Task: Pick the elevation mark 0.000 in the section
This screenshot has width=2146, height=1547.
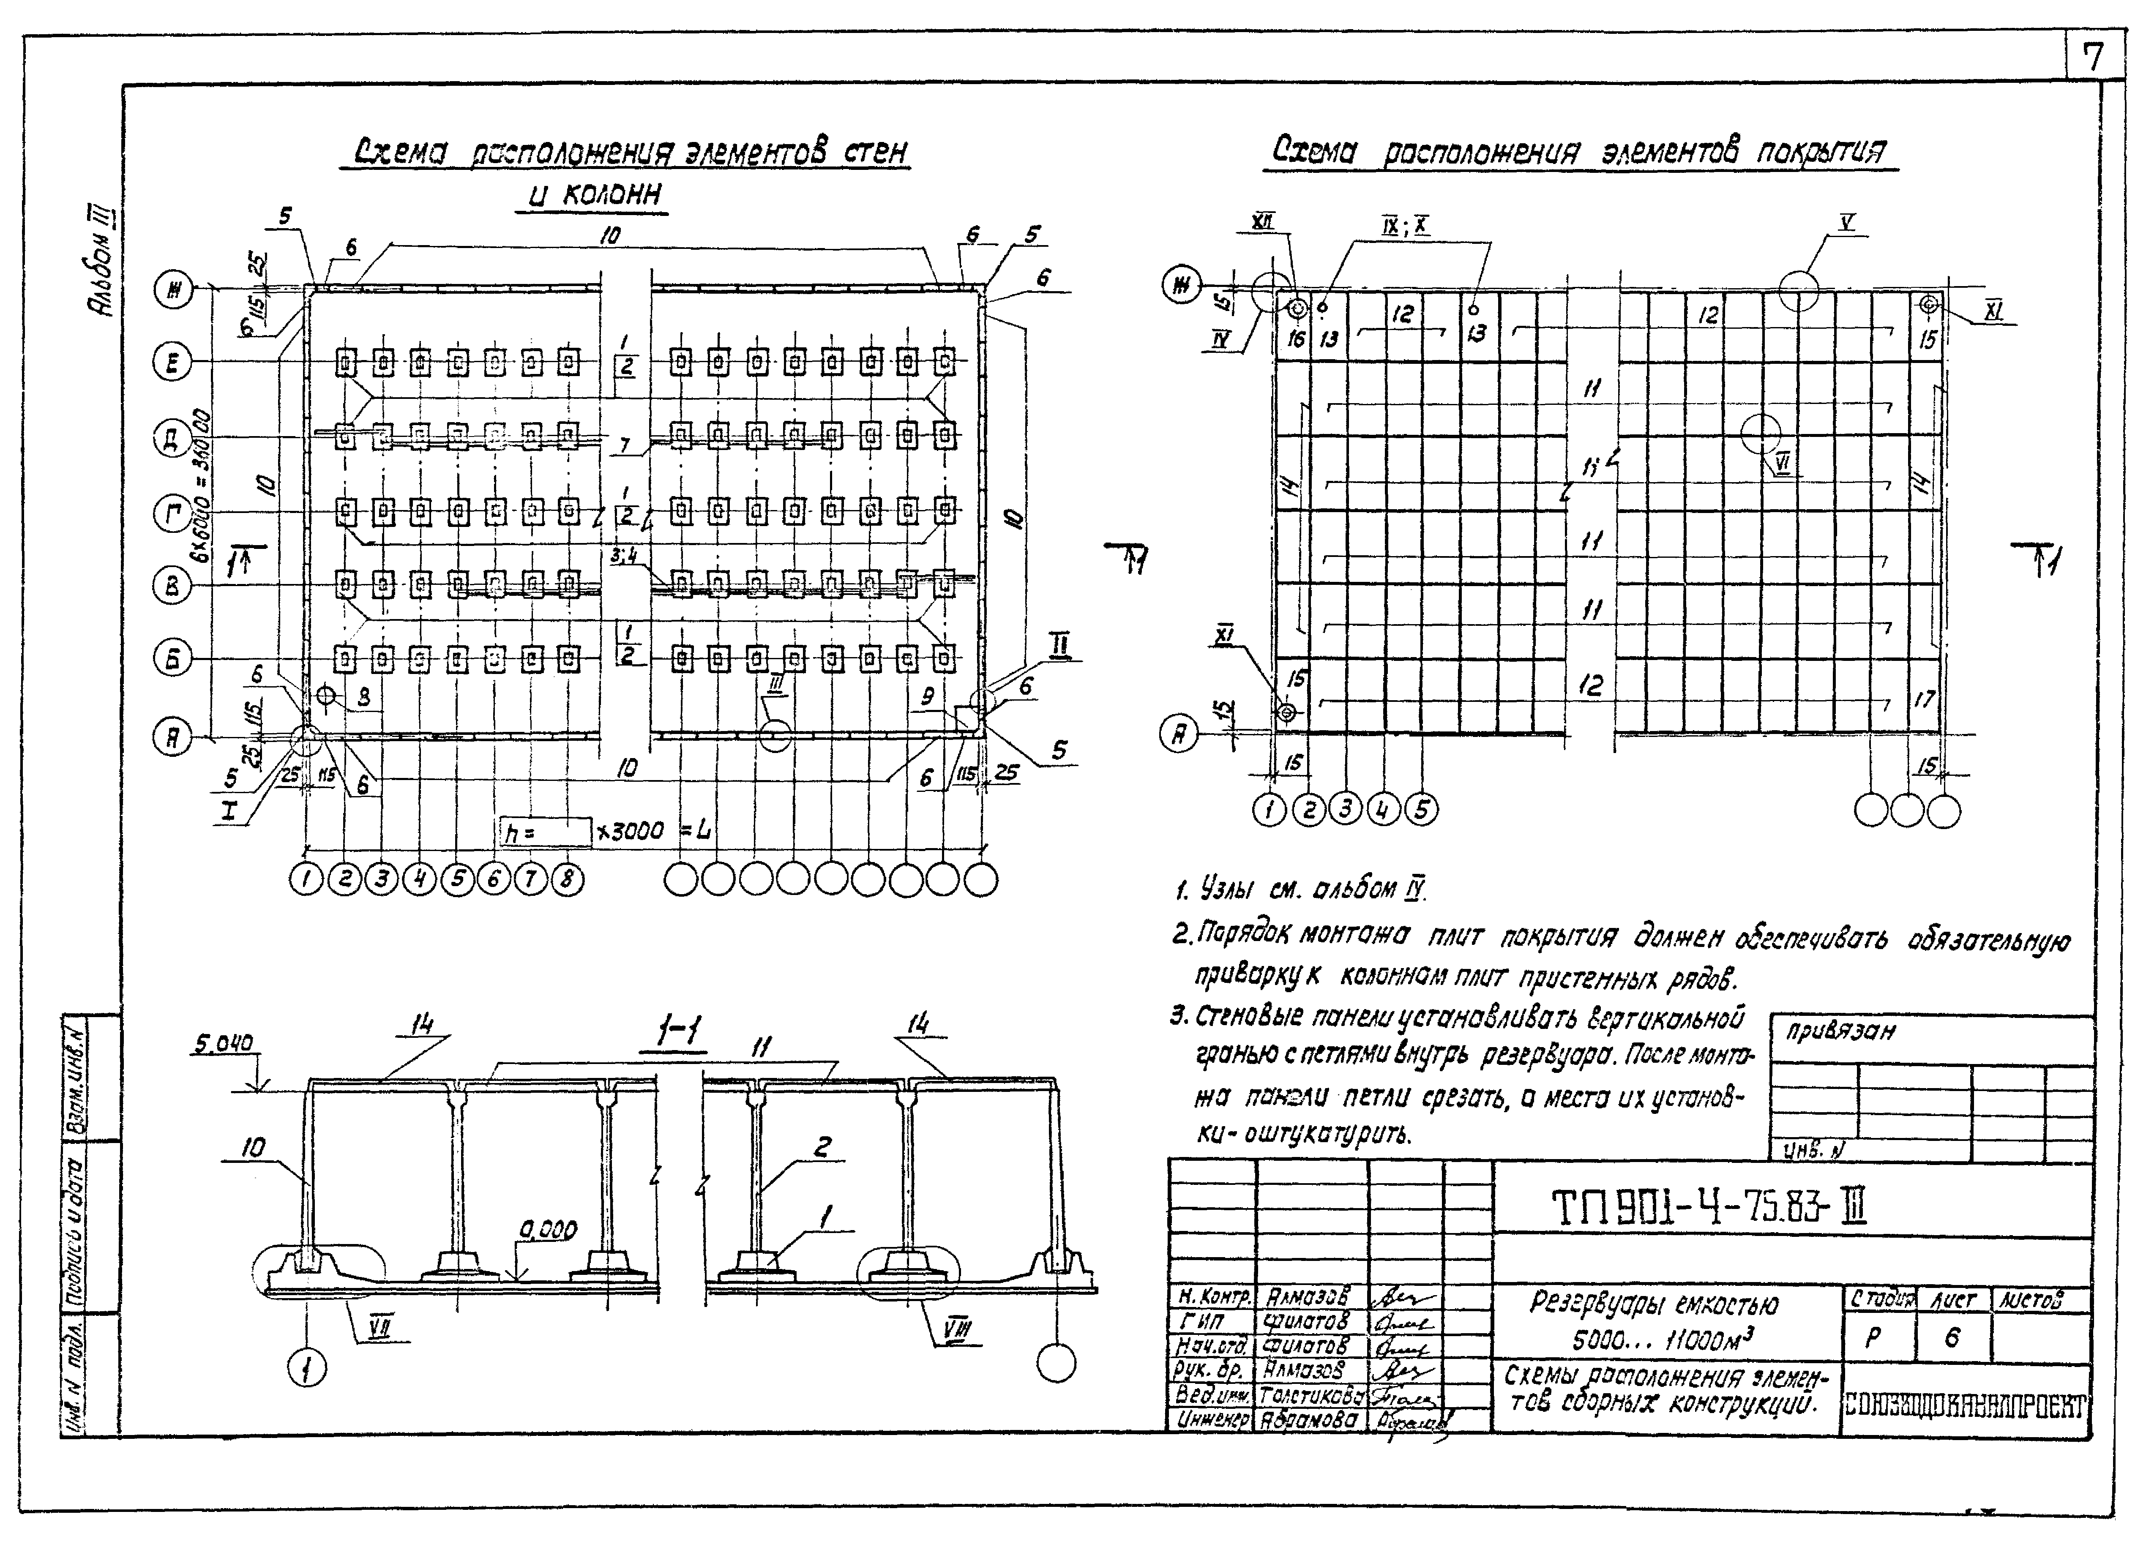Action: (x=547, y=1230)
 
